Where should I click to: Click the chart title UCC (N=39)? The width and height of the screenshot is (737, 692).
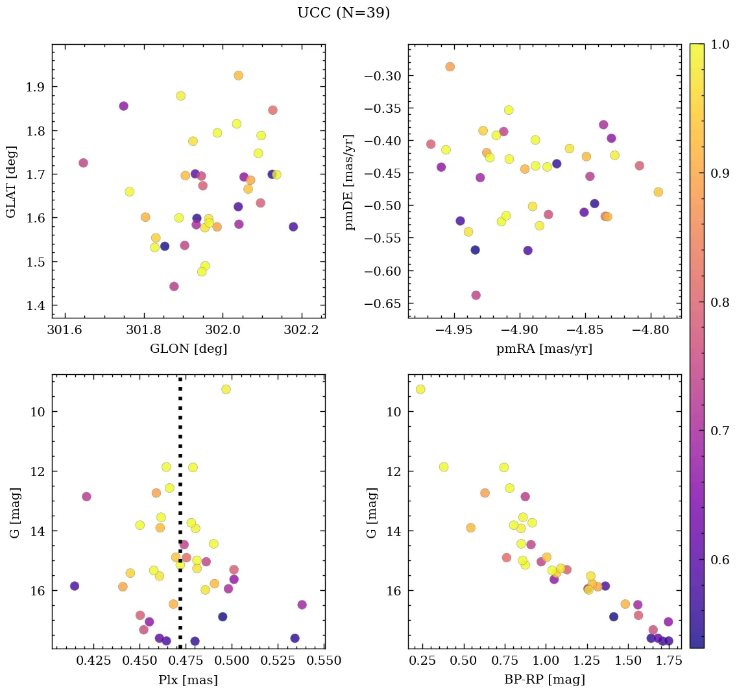(x=343, y=13)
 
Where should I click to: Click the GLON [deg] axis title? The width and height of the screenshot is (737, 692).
(x=188, y=349)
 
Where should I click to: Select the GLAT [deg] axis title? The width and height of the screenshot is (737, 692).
(x=11, y=181)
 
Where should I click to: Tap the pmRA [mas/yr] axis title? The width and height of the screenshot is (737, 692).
(x=544, y=349)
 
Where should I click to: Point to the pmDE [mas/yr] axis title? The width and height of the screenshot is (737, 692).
(x=350, y=181)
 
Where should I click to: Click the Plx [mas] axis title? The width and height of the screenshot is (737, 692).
(x=188, y=680)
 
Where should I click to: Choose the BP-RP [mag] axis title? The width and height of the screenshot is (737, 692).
(x=544, y=680)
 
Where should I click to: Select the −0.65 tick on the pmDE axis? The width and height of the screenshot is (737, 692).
(x=383, y=304)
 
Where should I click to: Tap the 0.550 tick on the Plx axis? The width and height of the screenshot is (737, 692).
(x=325, y=662)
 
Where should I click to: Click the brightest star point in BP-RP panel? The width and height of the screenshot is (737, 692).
(x=420, y=389)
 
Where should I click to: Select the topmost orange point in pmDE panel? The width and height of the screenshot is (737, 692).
(x=450, y=67)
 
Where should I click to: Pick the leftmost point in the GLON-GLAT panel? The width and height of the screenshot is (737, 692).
(x=83, y=163)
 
